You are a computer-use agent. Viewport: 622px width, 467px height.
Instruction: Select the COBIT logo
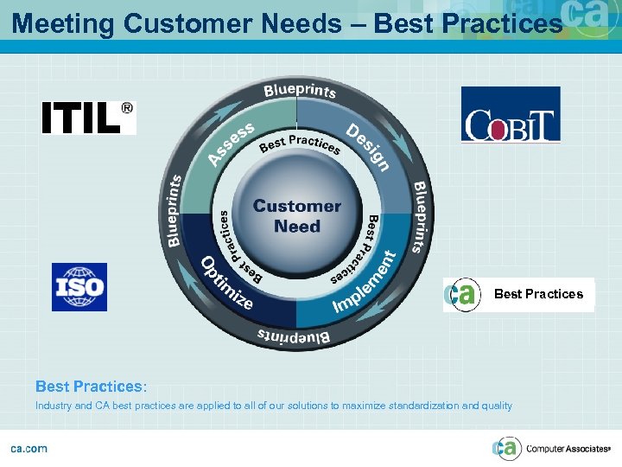(x=511, y=114)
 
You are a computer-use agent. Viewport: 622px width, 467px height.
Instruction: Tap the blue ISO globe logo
(x=79, y=286)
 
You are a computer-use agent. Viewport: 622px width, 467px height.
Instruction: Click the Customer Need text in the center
(x=296, y=216)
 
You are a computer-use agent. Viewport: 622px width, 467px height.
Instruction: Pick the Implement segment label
(x=365, y=283)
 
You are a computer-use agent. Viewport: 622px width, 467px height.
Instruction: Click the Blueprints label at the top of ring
(x=300, y=90)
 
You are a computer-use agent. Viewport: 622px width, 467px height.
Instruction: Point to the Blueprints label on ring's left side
(x=175, y=210)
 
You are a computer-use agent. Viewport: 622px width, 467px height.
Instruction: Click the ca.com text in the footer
(x=29, y=448)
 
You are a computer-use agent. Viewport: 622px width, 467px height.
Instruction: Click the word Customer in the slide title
(x=178, y=23)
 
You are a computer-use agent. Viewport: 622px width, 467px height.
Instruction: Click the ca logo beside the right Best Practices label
(x=463, y=295)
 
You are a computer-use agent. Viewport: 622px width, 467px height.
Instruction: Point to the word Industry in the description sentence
(x=54, y=406)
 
